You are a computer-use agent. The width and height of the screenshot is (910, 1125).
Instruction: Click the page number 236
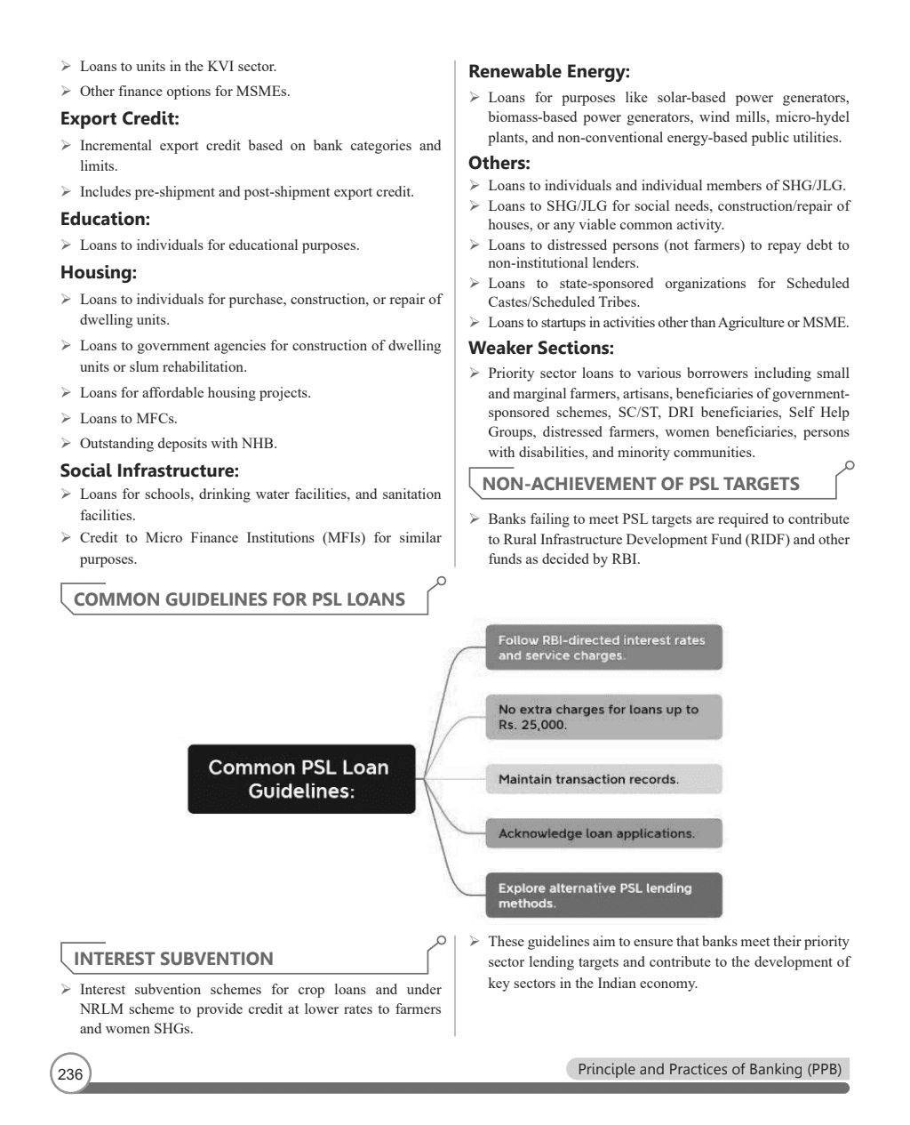point(70,1074)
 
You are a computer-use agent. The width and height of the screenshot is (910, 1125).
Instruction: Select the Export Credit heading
point(119,118)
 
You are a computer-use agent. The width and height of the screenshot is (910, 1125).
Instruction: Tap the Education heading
point(105,219)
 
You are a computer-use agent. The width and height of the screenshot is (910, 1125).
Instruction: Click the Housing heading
point(98,272)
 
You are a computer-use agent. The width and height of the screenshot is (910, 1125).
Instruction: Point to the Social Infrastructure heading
point(149,470)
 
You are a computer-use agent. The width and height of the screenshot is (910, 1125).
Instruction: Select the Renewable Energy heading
point(548,71)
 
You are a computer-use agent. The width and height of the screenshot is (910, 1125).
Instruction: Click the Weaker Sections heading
point(540,348)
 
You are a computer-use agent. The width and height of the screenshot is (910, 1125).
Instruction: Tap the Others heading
point(499,163)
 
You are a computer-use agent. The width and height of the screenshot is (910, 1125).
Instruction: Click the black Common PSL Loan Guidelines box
point(301,779)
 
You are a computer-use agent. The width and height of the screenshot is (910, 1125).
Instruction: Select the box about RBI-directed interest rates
point(603,647)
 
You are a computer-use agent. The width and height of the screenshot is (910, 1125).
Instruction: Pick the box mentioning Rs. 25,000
point(603,717)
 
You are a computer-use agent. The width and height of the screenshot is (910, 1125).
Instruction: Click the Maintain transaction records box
point(603,779)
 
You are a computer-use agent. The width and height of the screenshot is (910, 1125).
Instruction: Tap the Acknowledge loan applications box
point(603,833)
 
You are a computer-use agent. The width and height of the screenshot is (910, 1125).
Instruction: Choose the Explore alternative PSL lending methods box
point(603,896)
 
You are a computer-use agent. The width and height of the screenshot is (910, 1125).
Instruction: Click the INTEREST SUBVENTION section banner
point(173,959)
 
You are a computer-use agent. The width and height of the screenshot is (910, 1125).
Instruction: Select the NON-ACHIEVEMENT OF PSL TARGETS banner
point(640,484)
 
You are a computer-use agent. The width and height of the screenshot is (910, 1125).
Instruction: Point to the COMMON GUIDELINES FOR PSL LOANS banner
point(239,599)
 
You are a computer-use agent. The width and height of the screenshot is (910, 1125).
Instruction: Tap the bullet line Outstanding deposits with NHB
point(178,444)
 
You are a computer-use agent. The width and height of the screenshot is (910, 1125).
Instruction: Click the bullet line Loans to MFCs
point(128,418)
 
